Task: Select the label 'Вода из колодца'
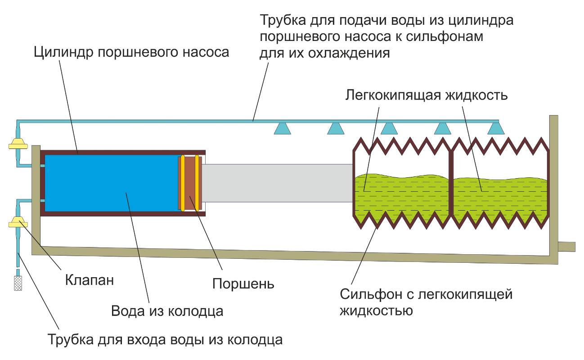[167, 311]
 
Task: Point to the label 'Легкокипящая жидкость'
[427, 95]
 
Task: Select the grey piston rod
[277, 183]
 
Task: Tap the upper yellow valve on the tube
[18, 144]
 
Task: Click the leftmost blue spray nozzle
[282, 129]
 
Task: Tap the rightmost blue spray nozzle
[496, 129]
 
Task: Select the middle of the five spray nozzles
[389, 129]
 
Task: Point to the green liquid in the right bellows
[499, 198]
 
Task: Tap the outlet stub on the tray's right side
[566, 247]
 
